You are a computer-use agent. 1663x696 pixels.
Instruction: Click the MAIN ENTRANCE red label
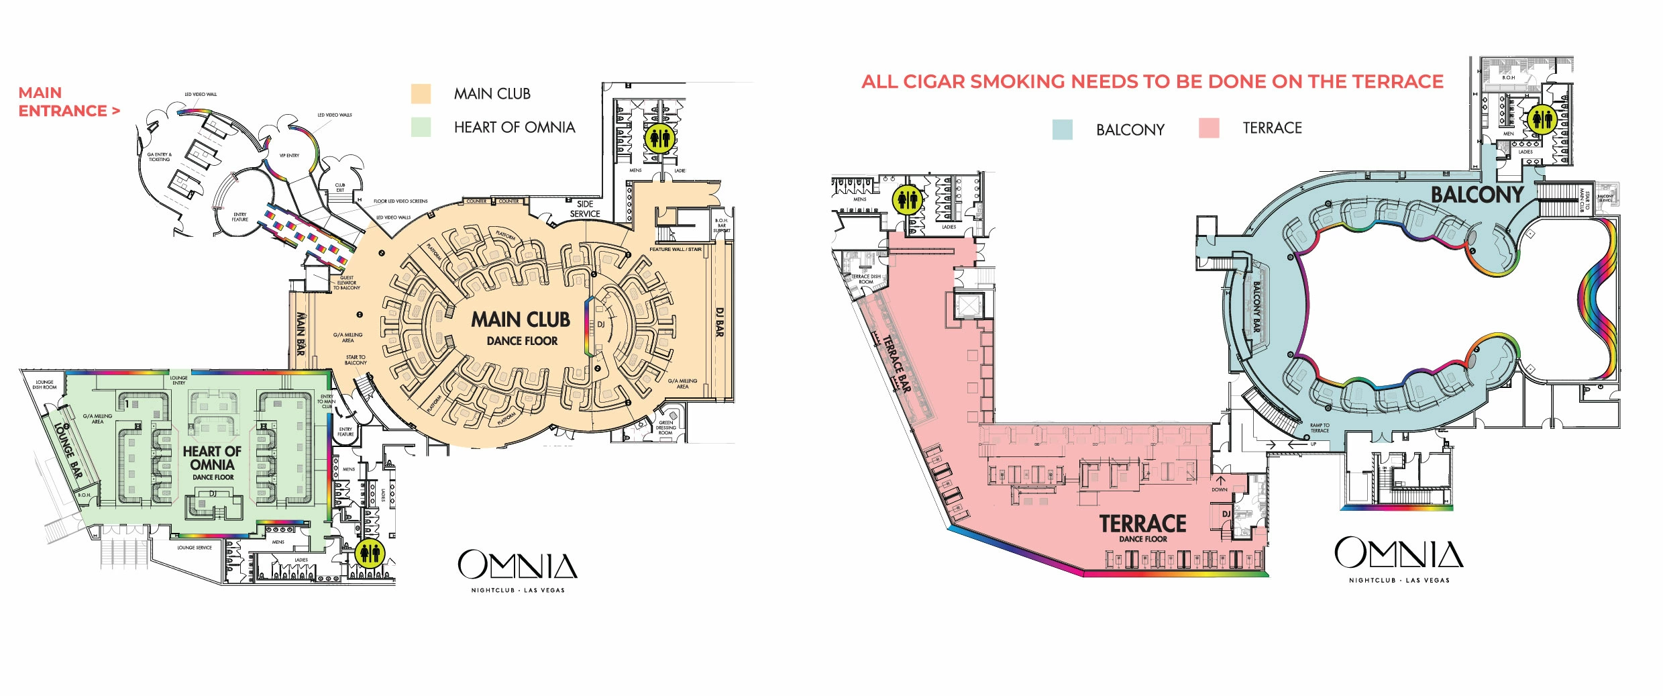tap(68, 102)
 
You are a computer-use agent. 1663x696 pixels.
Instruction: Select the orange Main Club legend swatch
tap(421, 94)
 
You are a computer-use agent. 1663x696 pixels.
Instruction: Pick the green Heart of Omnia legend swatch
tap(421, 127)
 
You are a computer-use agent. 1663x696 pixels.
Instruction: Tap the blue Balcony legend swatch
tap(1062, 130)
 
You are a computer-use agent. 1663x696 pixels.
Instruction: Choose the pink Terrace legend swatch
tap(1209, 128)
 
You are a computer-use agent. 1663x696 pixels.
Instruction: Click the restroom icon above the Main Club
tap(659, 138)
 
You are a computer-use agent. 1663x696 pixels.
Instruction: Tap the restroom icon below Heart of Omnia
tap(370, 553)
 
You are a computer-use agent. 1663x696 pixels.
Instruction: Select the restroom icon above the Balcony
tap(1541, 119)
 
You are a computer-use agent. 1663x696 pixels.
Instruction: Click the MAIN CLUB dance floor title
tap(521, 320)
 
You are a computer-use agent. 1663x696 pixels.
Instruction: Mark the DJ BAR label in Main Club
tap(719, 322)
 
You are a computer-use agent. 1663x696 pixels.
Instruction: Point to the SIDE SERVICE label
tap(585, 209)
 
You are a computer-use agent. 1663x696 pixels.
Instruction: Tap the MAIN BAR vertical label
tap(301, 334)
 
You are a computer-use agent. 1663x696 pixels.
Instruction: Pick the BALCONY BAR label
tap(1256, 306)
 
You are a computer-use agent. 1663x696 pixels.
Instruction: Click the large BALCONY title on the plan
tap(1477, 195)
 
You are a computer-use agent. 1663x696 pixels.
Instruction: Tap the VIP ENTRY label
tap(289, 156)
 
